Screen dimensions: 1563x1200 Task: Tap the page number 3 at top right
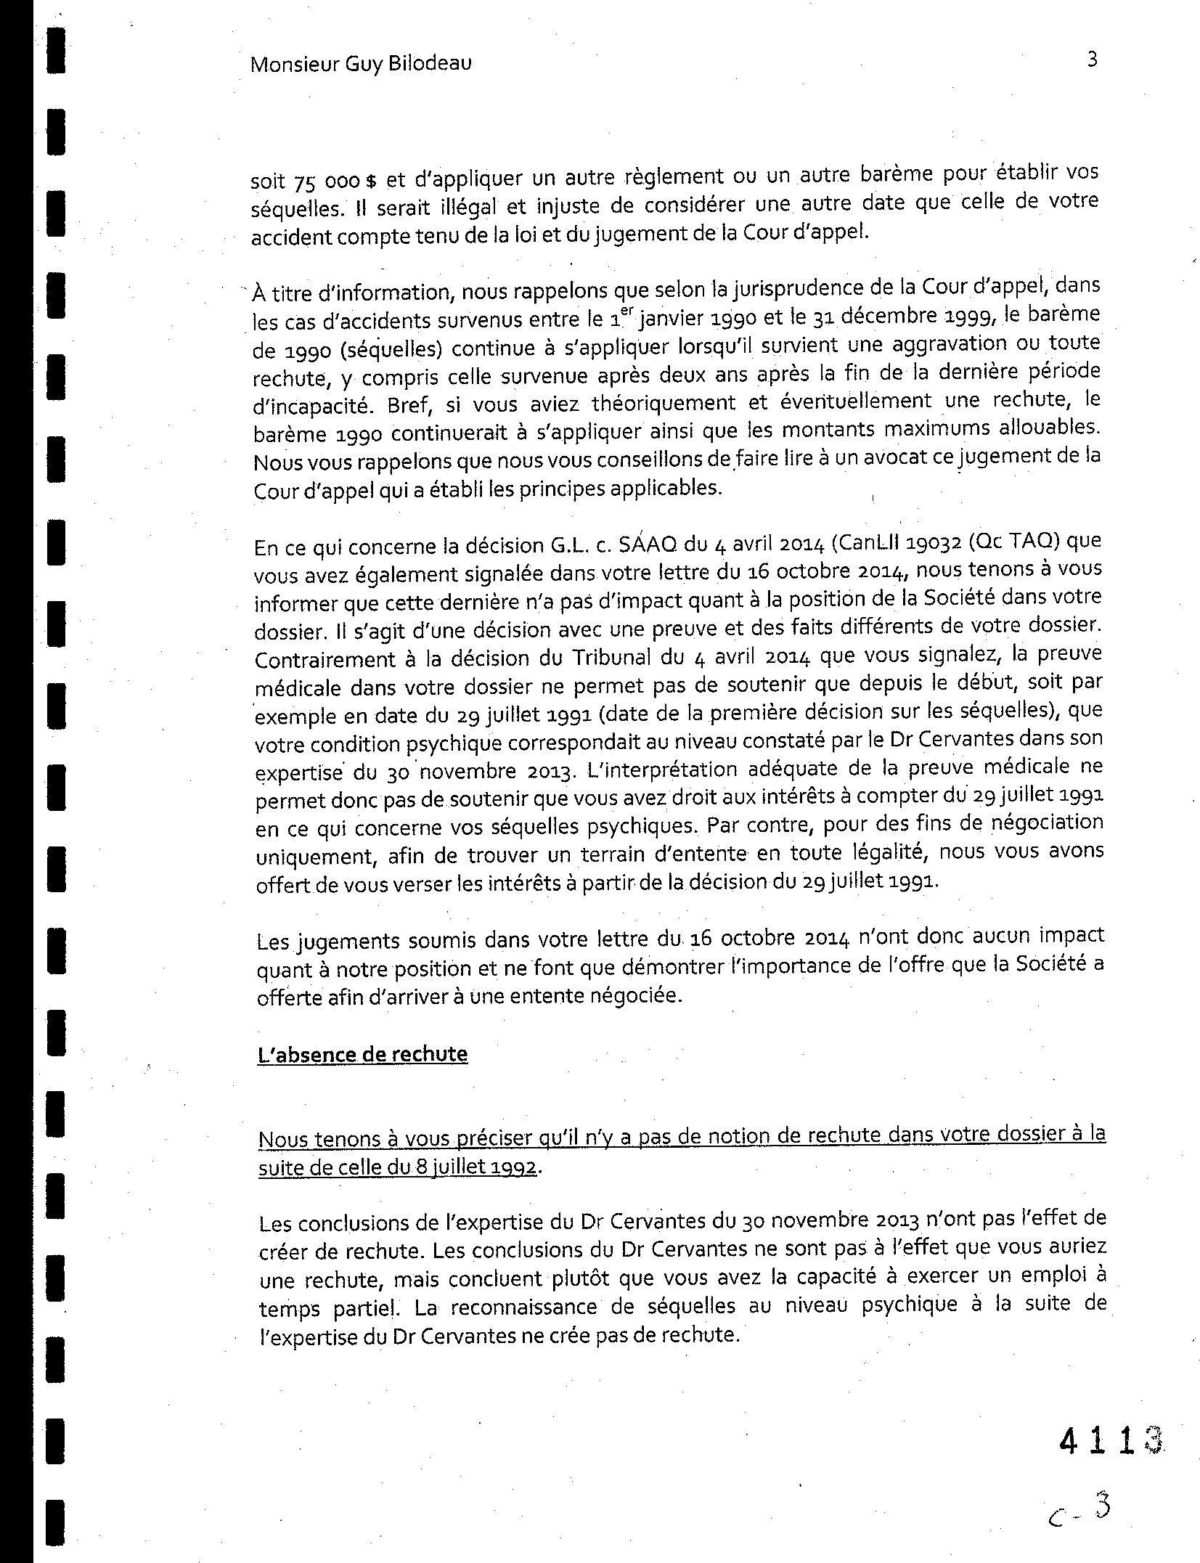point(1092,59)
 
